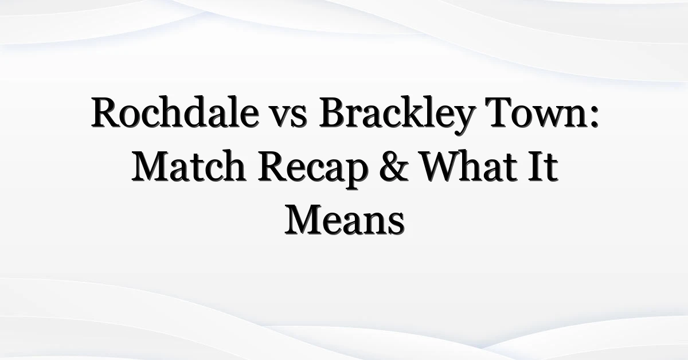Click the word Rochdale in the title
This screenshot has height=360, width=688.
[175, 112]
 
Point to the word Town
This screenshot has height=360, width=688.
[537, 112]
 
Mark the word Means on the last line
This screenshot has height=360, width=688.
[345, 221]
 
